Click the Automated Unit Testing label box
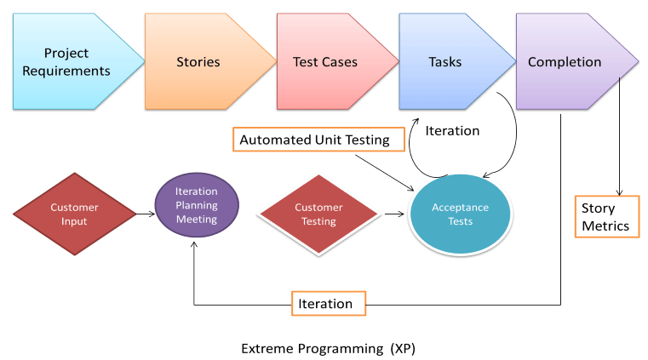point(314,140)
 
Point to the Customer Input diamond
point(74,214)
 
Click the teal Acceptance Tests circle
point(460,214)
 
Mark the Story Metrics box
point(605,217)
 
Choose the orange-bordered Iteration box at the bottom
point(328,304)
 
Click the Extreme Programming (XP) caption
point(328,348)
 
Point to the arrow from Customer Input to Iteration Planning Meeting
point(145,213)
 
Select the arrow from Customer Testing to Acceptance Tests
point(393,214)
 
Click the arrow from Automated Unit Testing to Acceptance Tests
point(383,170)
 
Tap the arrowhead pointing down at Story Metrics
point(618,191)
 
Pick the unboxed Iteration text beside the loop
point(452,131)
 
